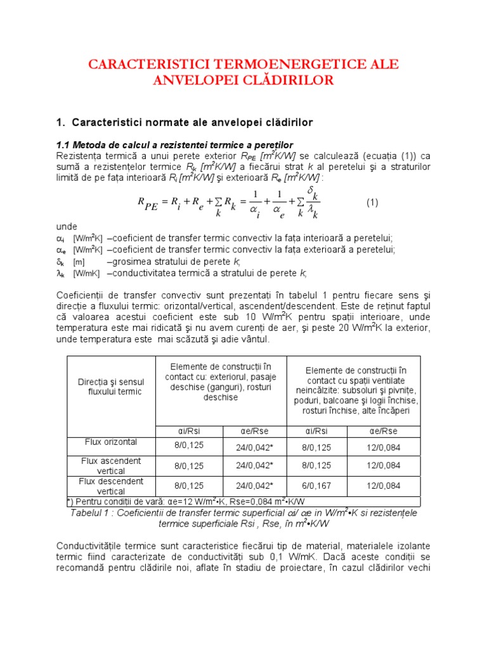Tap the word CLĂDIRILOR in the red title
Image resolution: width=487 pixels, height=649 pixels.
[282, 80]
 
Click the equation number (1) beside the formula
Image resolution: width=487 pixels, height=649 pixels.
[372, 203]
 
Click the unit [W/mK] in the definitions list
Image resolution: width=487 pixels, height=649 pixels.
[86, 274]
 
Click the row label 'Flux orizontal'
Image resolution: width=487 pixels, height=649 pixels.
[111, 442]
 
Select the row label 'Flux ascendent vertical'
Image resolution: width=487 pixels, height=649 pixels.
[111, 465]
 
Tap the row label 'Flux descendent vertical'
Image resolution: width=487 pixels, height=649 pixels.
[111, 486]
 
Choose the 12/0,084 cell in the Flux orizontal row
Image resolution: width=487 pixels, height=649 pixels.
[384, 445]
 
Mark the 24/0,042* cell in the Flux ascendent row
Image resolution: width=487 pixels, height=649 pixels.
[254, 465]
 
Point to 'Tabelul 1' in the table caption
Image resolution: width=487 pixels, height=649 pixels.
[92, 512]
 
